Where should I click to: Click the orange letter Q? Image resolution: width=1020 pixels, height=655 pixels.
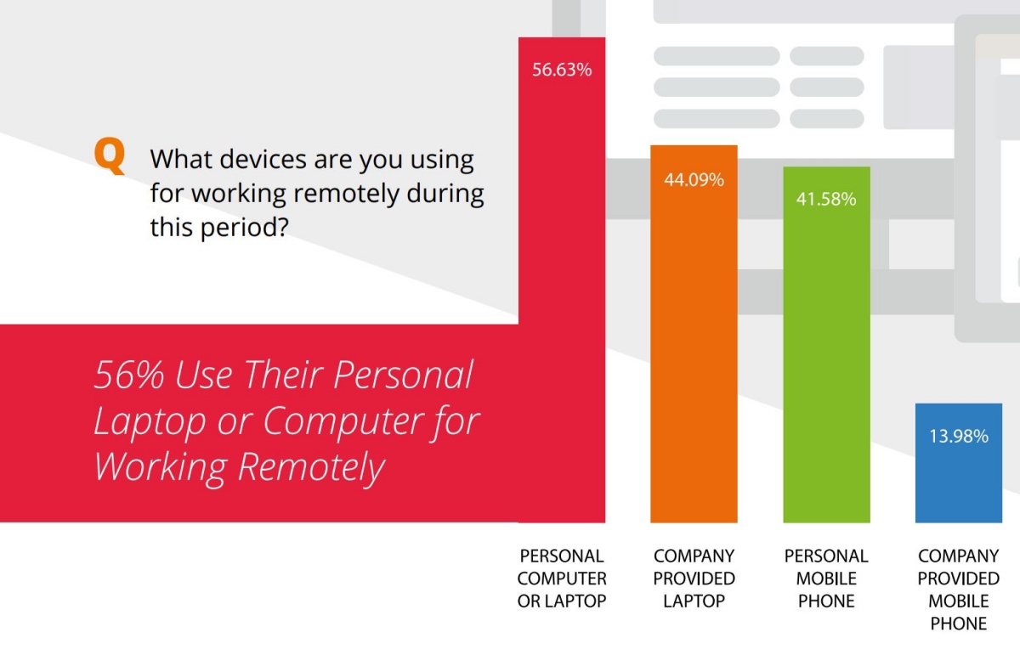[x=110, y=156]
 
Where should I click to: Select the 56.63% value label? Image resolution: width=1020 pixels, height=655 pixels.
[x=562, y=70]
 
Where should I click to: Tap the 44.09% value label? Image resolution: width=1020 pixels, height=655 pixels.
[x=694, y=180]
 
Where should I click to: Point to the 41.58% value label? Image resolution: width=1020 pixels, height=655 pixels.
[x=826, y=200]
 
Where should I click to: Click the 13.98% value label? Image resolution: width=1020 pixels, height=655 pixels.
[x=959, y=437]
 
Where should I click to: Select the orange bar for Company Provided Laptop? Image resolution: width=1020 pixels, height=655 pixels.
[x=694, y=334]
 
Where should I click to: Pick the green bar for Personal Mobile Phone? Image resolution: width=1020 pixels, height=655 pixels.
[x=826, y=345]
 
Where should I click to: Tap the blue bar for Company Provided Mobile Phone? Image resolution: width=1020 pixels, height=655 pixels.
[x=959, y=463]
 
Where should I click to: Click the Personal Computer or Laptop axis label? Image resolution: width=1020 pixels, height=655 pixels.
[x=562, y=579]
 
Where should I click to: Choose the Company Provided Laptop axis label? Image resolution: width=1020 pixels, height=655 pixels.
[x=694, y=579]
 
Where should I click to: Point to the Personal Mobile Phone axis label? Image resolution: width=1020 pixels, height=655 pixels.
[x=826, y=579]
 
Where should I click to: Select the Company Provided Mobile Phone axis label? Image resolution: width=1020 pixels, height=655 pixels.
[x=959, y=590]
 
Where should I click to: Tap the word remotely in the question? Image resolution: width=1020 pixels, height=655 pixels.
[x=346, y=194]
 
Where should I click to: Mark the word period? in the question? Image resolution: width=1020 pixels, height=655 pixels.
[x=245, y=228]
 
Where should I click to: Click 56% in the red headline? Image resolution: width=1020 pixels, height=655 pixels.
[x=129, y=375]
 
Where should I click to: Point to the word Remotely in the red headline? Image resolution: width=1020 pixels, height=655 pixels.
[x=311, y=467]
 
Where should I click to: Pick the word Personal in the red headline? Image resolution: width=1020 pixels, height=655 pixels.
[x=403, y=375]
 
